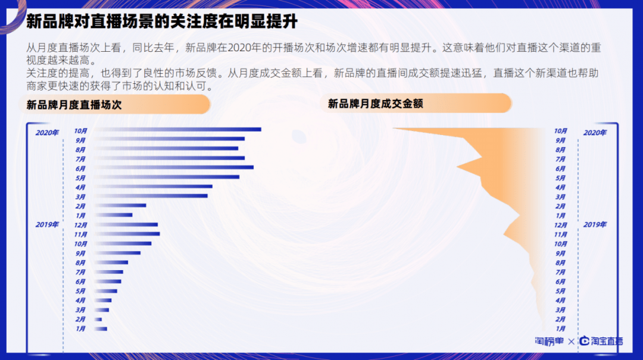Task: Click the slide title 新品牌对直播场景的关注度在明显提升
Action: click(161, 22)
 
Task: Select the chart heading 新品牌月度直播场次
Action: click(74, 105)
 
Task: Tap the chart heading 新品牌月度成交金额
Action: click(376, 104)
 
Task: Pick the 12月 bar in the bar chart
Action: click(126, 224)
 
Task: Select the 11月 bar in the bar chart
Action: click(127, 234)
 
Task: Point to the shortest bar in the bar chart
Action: click(98, 320)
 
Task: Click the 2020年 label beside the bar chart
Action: click(47, 133)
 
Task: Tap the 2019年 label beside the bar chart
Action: click(47, 225)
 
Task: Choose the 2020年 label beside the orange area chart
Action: click(595, 133)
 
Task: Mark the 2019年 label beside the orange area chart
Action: click(595, 225)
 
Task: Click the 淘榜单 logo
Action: click(548, 342)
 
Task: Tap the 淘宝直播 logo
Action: click(601, 342)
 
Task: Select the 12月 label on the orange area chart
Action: click(560, 226)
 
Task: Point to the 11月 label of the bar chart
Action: click(80, 234)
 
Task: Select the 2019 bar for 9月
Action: click(117, 253)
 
